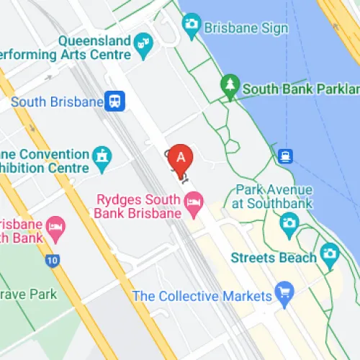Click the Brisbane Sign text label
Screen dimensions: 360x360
246,28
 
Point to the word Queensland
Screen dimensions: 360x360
94,40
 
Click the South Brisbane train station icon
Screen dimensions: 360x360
114,102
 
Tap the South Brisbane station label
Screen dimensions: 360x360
58,102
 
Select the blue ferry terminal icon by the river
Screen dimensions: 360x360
287,156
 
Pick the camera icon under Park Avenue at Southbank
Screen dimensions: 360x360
289,225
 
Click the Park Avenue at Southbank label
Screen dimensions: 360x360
274,197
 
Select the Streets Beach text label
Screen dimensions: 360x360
274,258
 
